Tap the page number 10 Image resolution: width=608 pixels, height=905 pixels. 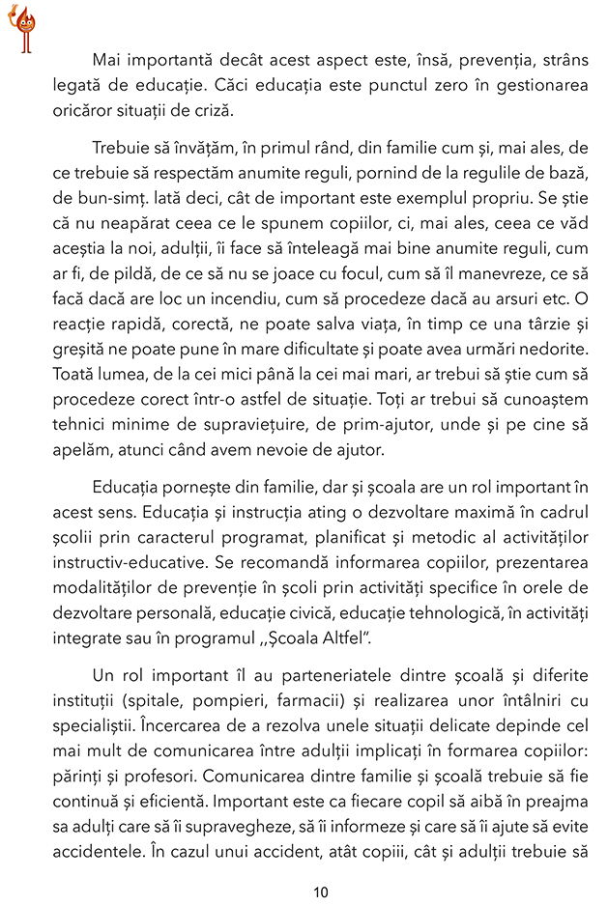coord(321,891)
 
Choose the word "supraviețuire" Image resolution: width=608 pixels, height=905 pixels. coord(246,423)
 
